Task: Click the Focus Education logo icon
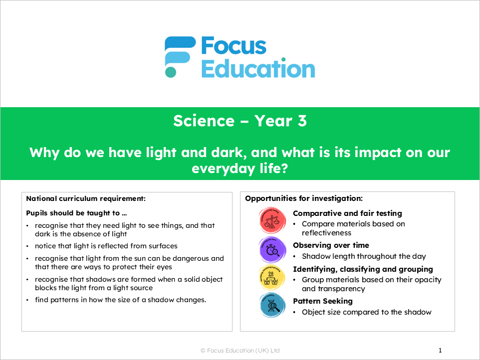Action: (179, 56)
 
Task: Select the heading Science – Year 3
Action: (240, 121)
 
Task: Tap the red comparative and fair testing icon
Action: (273, 220)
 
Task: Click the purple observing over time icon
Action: (273, 249)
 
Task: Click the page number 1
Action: (440, 351)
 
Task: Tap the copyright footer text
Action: (240, 351)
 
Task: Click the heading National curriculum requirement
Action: (86, 198)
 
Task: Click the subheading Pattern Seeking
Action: (323, 301)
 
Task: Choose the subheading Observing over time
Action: (331, 245)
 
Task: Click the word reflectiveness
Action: (326, 233)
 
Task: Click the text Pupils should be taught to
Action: (72, 213)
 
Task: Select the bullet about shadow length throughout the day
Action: (364, 256)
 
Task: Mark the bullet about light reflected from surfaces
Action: (106, 246)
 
